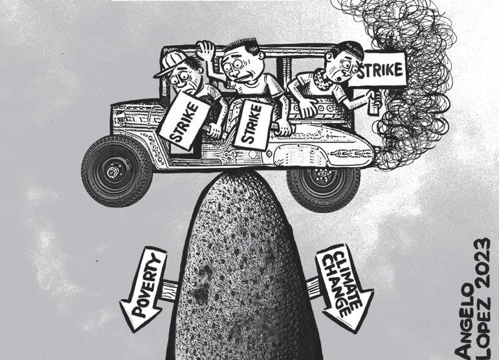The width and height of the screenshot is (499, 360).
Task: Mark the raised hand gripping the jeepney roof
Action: click(x=206, y=50)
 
